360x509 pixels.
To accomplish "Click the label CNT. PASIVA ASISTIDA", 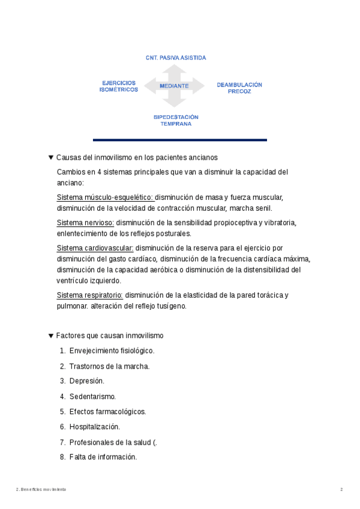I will pos(176,58).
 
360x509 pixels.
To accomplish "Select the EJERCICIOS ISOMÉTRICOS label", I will pos(119,86).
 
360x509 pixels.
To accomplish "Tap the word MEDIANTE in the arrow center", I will pos(175,86).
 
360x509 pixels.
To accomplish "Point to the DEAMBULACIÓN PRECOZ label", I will pos(239,88).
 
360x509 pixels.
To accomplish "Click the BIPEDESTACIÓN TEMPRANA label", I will pos(176,120).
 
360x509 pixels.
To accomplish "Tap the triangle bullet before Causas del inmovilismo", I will pos(51,158).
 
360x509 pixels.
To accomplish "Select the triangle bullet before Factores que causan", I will pos(51,336).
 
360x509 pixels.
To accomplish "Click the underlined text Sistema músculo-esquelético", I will pos(105,197).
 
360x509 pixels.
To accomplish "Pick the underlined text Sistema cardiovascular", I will pos(95,248).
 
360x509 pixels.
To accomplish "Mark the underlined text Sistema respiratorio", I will pos(90,295).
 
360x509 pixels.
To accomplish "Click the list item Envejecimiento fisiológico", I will pos(112,351).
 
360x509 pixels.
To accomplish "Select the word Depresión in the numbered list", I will pos(86,381).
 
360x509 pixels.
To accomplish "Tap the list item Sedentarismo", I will pos(92,397).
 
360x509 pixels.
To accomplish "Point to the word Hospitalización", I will pos(95,427).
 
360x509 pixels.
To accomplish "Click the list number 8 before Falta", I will pos(62,457).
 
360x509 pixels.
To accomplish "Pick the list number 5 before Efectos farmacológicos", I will pos(62,412).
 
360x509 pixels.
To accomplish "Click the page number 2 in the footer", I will pos(341,490).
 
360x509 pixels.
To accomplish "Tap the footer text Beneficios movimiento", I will pos(44,490).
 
